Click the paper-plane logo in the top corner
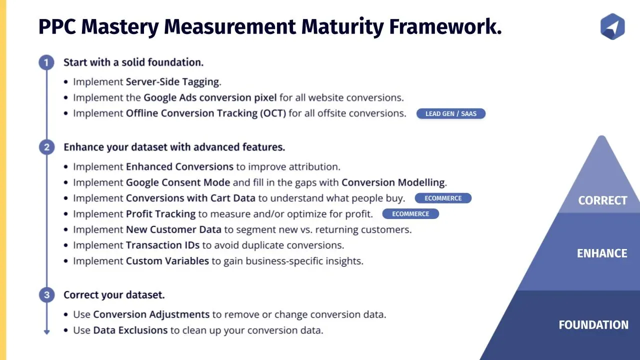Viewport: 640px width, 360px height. click(612, 26)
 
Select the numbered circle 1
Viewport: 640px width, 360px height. click(46, 62)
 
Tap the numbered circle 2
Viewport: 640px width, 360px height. click(46, 147)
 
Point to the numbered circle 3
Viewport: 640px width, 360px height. click(46, 295)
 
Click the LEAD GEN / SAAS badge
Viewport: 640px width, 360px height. click(451, 113)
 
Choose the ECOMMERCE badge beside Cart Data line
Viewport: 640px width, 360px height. click(443, 198)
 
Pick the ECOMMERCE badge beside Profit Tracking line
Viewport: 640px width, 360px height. click(410, 213)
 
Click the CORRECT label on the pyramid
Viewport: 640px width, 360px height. click(602, 200)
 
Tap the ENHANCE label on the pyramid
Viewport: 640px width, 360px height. click(602, 253)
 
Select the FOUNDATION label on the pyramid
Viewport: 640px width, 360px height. click(593, 325)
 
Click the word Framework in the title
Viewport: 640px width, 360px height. click(445, 26)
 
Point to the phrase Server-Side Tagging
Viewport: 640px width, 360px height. click(172, 82)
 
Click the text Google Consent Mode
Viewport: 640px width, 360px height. click(178, 182)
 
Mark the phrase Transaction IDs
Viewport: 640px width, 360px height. click(162, 245)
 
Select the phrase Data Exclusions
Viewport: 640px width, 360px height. click(130, 330)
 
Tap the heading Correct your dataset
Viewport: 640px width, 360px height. click(114, 295)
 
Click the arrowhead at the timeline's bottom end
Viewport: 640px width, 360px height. click(47, 332)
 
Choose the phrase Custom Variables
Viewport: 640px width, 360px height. click(167, 261)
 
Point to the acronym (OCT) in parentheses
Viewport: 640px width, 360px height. click(273, 113)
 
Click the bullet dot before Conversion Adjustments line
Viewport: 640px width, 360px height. click(66, 314)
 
